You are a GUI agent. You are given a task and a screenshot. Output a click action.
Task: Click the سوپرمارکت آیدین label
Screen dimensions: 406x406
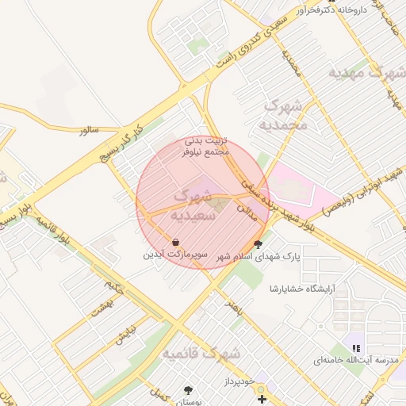(175, 255)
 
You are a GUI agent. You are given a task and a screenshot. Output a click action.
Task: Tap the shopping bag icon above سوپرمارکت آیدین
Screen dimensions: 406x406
(175, 242)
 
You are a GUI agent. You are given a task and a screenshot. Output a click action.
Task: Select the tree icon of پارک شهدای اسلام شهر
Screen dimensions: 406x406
(257, 244)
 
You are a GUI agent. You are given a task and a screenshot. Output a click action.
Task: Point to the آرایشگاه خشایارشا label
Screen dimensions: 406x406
(303, 287)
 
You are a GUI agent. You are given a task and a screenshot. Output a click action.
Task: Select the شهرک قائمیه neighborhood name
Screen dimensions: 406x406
(200, 354)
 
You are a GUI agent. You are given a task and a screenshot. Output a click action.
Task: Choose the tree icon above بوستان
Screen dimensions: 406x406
(188, 390)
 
